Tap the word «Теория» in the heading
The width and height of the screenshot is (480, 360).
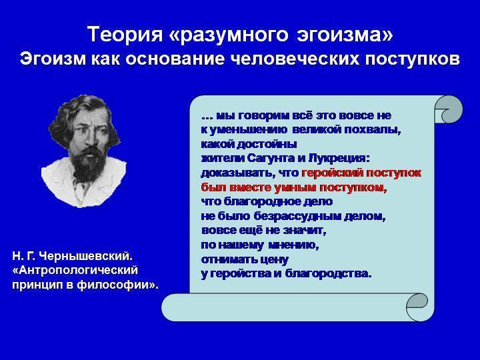pyautogui.click(x=125, y=34)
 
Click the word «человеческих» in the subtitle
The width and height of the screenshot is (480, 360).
pyautogui.click(x=293, y=59)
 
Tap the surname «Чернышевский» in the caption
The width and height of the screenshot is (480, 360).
pyautogui.click(x=87, y=256)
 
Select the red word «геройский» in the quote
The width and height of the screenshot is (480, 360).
pyautogui.click(x=333, y=173)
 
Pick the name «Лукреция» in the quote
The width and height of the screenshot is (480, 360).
pyautogui.click(x=339, y=159)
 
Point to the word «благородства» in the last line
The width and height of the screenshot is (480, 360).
pyautogui.click(x=328, y=273)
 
